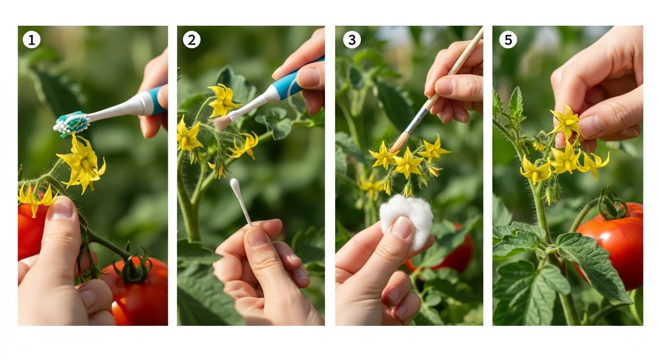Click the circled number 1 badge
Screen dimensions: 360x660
click(31, 40)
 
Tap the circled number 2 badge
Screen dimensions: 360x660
click(191, 40)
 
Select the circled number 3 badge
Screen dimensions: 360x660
click(352, 40)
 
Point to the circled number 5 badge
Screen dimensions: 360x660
click(508, 40)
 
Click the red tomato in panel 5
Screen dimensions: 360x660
click(614, 246)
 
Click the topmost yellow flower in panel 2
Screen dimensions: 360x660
click(223, 99)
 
